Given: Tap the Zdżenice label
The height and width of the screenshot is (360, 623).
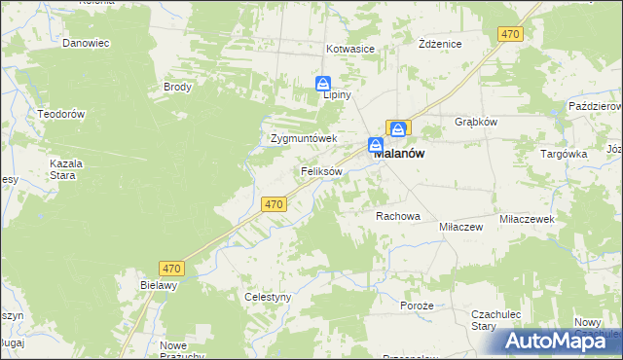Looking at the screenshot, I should tap(439, 45).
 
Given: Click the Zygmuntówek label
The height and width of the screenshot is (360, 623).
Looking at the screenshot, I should tap(303, 138).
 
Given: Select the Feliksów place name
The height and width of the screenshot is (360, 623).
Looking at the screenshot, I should tap(320, 171).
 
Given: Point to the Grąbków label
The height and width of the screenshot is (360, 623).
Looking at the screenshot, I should tap(477, 123).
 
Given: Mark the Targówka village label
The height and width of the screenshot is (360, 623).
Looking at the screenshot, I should tap(564, 154).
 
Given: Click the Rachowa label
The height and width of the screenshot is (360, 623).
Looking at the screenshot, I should tap(397, 216).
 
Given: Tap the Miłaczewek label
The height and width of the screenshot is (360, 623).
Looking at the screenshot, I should tap(527, 220).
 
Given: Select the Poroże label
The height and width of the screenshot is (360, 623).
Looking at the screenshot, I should tap(416, 305).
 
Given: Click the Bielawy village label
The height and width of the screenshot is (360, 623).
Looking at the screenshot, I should tap(158, 286).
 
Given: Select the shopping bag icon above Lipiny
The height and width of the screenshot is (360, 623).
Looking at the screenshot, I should tap(324, 84).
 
